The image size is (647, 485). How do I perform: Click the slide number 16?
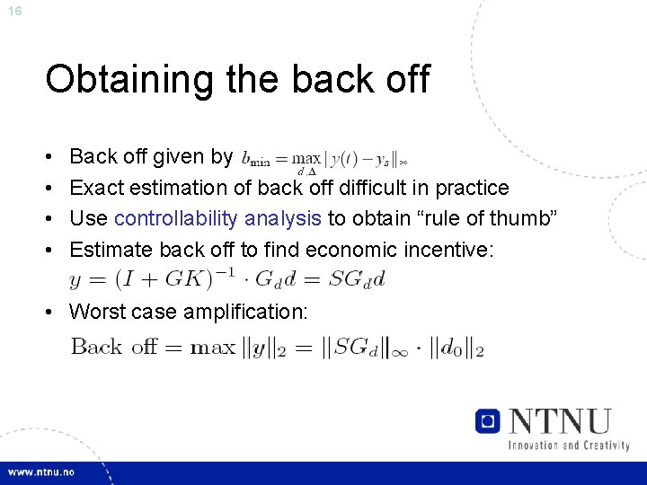click(x=14, y=11)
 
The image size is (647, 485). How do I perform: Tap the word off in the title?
click(x=406, y=80)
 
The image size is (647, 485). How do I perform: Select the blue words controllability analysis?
click(x=217, y=218)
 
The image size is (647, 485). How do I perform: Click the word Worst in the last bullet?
click(x=97, y=312)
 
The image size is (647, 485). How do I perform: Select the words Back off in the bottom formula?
click(x=113, y=347)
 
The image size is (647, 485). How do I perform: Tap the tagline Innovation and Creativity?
click(x=568, y=445)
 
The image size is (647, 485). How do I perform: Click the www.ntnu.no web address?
click(x=43, y=472)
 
